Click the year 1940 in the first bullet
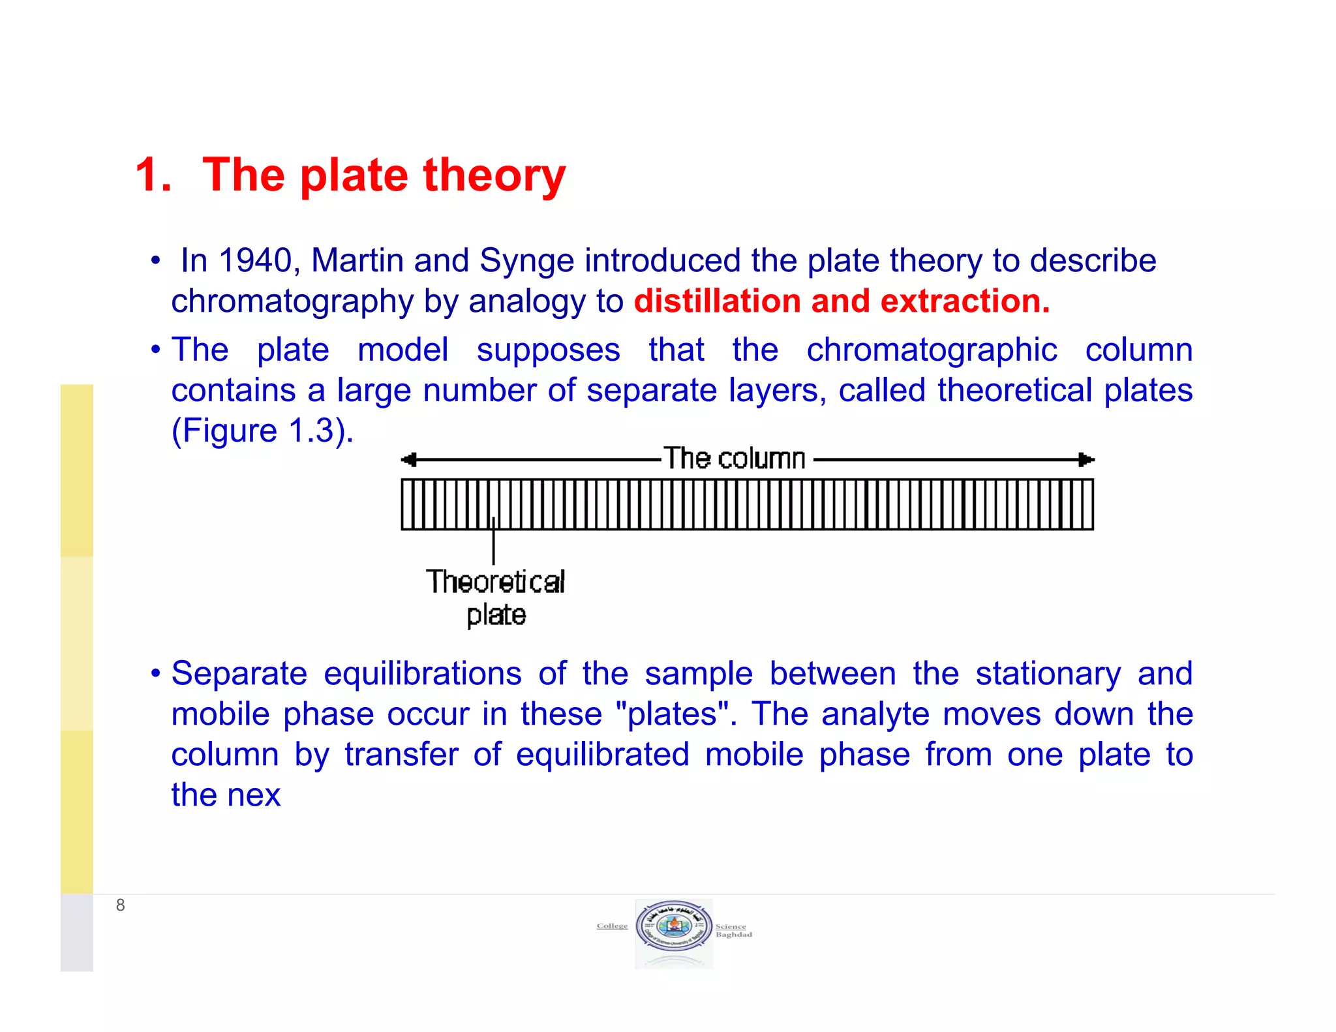255,261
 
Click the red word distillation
717,301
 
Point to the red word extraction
964,301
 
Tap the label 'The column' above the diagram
735,459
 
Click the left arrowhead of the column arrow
408,460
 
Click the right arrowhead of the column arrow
1086,460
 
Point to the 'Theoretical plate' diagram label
496,598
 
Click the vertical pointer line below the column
493,545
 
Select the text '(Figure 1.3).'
262,431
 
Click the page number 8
120,905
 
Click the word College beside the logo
612,926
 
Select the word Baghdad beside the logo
734,935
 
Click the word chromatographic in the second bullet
932,350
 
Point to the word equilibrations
423,674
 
